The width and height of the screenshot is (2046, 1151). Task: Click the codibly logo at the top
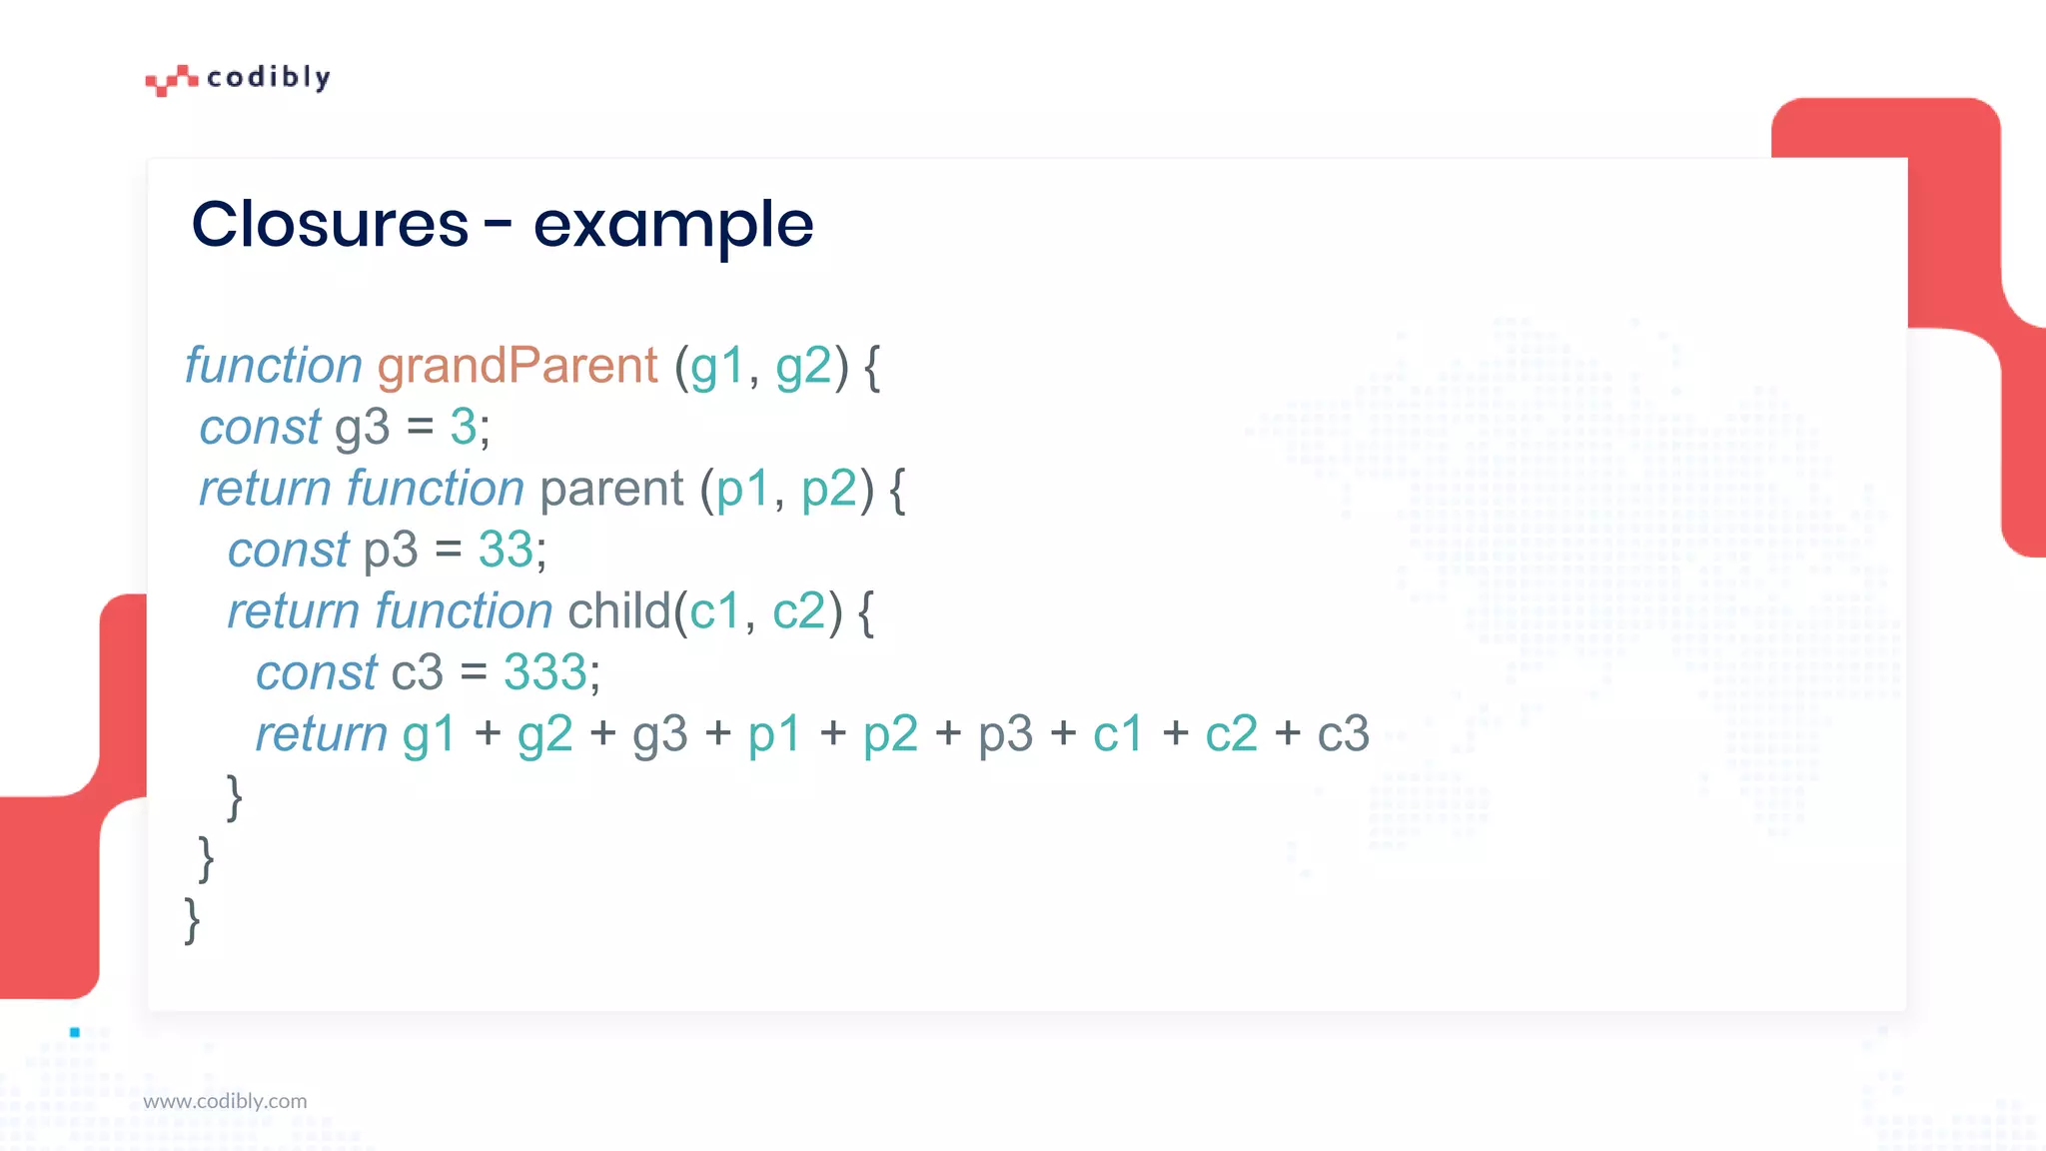(238, 78)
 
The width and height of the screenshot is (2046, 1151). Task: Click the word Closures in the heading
(330, 224)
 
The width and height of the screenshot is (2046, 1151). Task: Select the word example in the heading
(673, 226)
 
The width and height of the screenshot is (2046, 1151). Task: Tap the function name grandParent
(517, 366)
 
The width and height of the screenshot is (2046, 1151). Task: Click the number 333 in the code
(545, 672)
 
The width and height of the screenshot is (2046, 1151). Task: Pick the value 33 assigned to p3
(506, 550)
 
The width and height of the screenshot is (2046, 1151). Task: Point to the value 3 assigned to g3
(463, 428)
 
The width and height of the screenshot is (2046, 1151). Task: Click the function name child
(619, 611)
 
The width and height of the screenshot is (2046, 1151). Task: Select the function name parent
(611, 490)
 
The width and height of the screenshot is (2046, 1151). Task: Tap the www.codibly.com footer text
(225, 1101)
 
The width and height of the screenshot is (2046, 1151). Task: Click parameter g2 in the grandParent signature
(803, 366)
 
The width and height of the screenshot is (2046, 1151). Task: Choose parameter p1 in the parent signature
(743, 490)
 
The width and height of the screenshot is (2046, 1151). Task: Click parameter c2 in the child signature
(799, 611)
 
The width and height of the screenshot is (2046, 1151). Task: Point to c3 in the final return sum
(1343, 734)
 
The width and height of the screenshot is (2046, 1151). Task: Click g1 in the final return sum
(429, 734)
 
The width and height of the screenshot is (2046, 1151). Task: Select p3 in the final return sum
(1005, 734)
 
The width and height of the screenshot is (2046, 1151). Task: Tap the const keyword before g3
(260, 428)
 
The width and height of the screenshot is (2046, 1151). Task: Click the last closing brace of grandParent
(192, 919)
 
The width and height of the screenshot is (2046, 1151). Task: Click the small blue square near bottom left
(75, 1032)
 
